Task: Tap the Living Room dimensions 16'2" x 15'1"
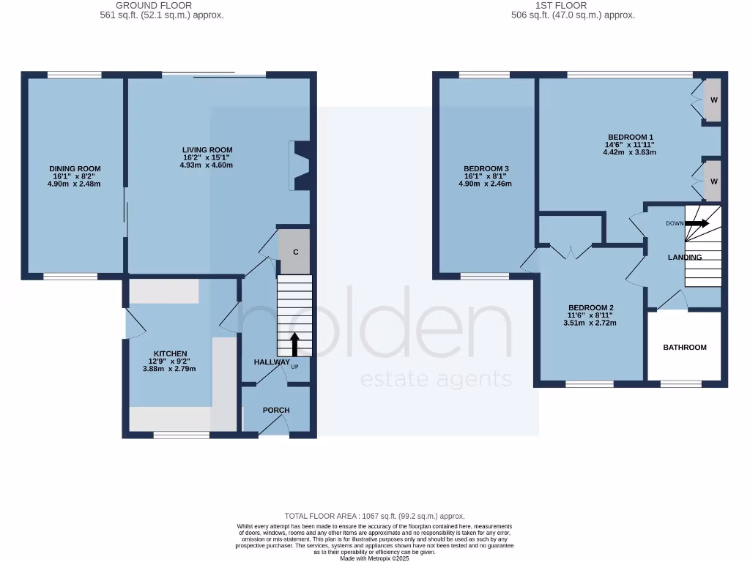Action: coord(208,158)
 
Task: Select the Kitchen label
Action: coord(170,353)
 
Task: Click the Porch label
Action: coord(276,410)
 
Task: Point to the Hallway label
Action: coord(271,362)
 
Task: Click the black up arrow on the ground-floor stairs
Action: coord(294,345)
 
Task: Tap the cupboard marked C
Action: coord(295,252)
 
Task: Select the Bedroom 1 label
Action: coord(630,137)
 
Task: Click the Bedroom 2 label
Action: coord(590,307)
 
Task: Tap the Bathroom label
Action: coord(685,347)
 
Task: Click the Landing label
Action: coord(685,258)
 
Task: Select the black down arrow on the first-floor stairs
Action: coord(697,223)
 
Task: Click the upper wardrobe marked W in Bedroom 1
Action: coord(713,100)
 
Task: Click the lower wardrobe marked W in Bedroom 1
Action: coord(713,181)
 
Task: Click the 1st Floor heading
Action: coord(572,5)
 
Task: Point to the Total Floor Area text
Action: coord(374,516)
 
